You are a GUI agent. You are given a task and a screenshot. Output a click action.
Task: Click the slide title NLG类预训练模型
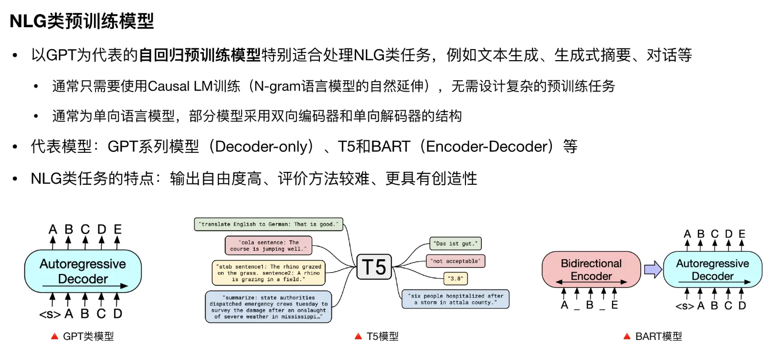pyautogui.click(x=82, y=21)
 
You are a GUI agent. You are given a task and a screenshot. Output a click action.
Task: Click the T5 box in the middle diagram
pyautogui.click(x=374, y=267)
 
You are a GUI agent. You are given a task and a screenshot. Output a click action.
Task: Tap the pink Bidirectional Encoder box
pyautogui.click(x=591, y=270)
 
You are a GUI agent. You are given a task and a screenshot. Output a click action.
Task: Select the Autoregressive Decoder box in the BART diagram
pyautogui.click(x=712, y=270)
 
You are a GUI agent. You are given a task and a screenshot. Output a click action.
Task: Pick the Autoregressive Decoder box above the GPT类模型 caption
pyautogui.click(x=83, y=271)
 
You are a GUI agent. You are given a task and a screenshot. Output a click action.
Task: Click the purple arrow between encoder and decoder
pyautogui.click(x=652, y=270)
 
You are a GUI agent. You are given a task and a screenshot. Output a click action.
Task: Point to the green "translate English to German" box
pyautogui.click(x=268, y=224)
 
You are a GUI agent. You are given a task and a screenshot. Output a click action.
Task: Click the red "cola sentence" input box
pyautogui.click(x=268, y=245)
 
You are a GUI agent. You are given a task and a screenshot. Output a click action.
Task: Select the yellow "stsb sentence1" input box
pyautogui.click(x=268, y=273)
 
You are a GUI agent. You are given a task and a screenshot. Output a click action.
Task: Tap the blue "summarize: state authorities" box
pyautogui.click(x=268, y=307)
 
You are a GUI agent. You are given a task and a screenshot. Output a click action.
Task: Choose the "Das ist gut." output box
pyautogui.click(x=455, y=244)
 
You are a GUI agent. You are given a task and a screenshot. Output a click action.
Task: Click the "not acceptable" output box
pyautogui.click(x=455, y=261)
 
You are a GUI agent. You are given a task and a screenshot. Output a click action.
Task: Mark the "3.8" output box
pyautogui.click(x=455, y=278)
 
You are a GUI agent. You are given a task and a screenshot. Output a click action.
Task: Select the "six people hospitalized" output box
pyautogui.click(x=455, y=299)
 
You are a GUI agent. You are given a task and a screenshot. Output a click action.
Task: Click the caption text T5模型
pyautogui.click(x=382, y=337)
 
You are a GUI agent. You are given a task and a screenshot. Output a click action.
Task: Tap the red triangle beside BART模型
pyautogui.click(x=627, y=337)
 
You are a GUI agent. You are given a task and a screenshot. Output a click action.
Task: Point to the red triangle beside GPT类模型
pyautogui.click(x=54, y=337)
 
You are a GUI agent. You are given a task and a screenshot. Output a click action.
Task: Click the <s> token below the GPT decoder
pyautogui.click(x=50, y=315)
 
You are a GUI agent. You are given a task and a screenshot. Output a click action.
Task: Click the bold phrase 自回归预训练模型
pyautogui.click(x=200, y=55)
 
